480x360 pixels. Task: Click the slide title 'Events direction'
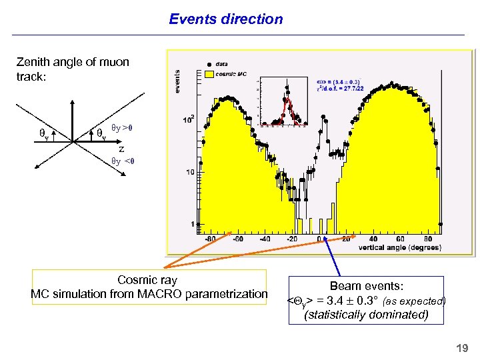226,19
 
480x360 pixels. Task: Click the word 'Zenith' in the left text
33,62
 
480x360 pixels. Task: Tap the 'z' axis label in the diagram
121,149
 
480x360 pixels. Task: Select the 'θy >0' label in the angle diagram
122,127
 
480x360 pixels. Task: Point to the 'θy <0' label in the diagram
123,161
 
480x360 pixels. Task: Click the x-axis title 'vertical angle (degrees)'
400,248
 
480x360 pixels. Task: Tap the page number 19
461,348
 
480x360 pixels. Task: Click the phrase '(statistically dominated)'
366,315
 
